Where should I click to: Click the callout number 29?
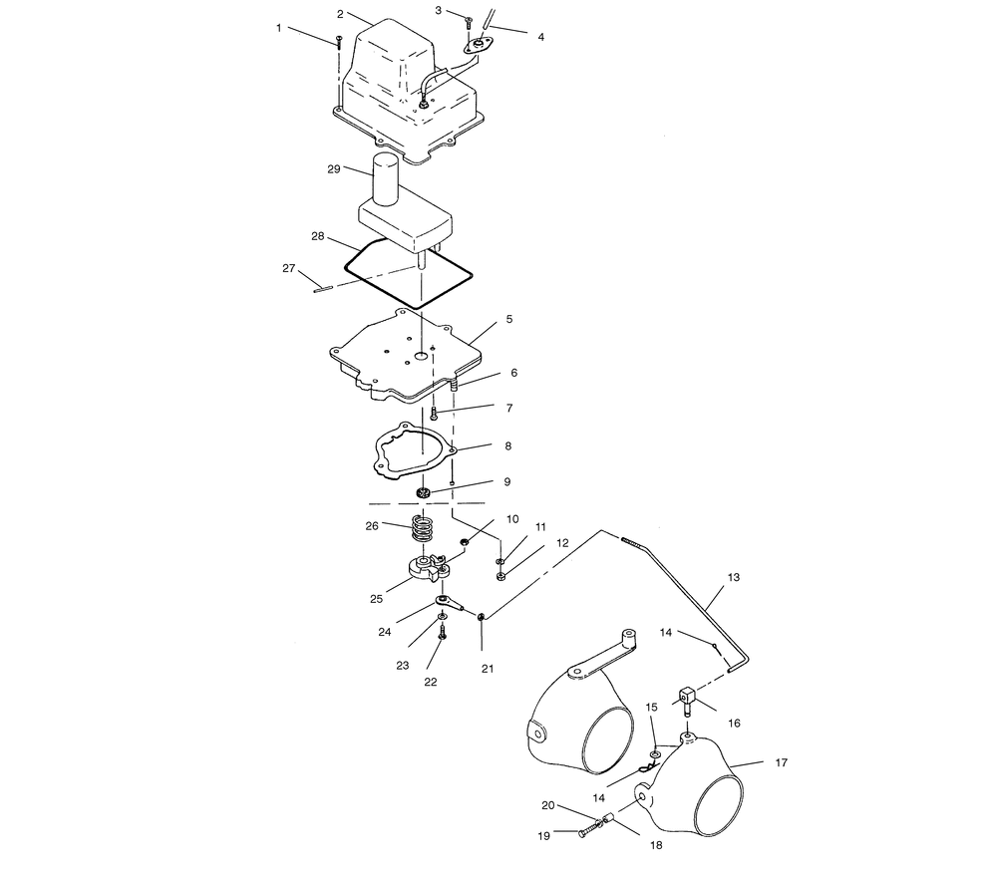(x=334, y=169)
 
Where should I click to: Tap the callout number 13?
(x=734, y=577)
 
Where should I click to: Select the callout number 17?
(x=782, y=762)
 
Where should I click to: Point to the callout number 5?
(x=509, y=319)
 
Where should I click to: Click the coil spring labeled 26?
(x=423, y=527)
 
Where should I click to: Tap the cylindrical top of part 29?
(x=385, y=180)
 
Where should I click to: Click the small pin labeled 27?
(x=323, y=290)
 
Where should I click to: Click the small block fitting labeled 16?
(x=688, y=698)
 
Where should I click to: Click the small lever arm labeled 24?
(x=451, y=603)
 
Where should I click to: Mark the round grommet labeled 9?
(x=422, y=492)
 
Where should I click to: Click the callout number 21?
(x=488, y=669)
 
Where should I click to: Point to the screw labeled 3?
(x=469, y=22)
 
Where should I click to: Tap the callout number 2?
(x=340, y=14)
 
